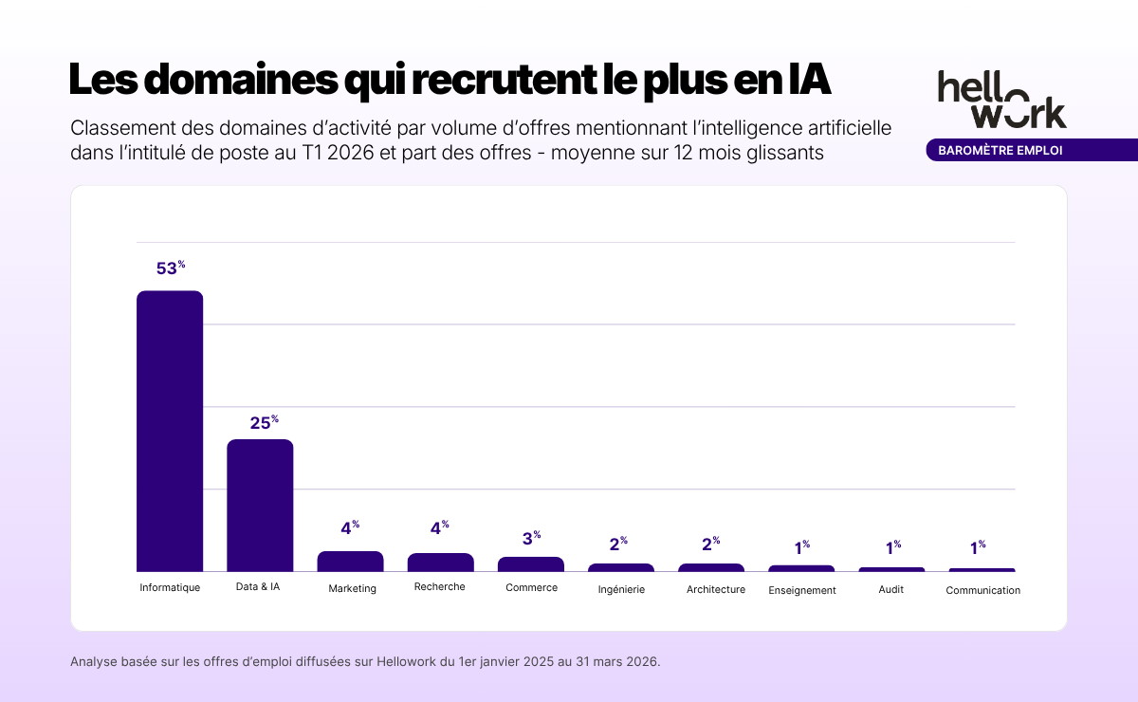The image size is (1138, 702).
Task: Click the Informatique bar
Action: [170, 432]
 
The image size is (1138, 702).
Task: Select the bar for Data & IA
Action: [260, 506]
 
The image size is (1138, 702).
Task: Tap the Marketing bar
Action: [350, 562]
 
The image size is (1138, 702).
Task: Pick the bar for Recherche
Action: [440, 563]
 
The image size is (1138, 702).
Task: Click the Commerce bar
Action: [531, 564]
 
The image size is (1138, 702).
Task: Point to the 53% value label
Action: [170, 268]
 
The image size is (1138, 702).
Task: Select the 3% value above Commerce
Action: [531, 539]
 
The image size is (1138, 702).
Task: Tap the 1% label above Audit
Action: [892, 547]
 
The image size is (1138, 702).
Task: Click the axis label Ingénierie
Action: [621, 589]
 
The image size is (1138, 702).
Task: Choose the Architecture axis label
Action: [715, 589]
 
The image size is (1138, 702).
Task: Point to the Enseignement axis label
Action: [801, 590]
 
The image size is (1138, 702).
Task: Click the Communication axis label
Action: [982, 590]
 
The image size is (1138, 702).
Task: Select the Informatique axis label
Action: [170, 587]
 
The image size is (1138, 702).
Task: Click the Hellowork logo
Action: [1001, 99]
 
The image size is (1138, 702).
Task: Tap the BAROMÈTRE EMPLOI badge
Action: [1000, 150]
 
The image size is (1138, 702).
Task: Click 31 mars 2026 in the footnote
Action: [611, 661]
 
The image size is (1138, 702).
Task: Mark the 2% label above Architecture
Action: [711, 545]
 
